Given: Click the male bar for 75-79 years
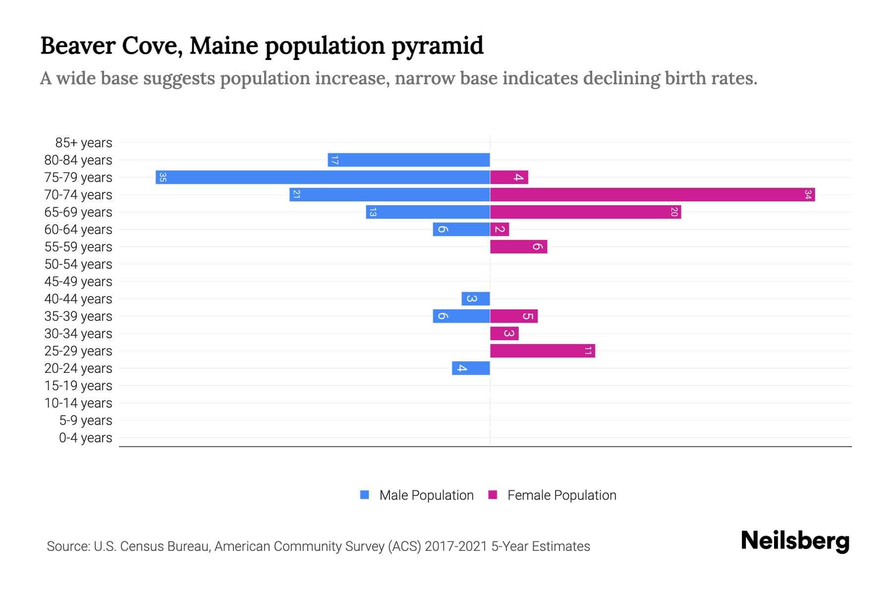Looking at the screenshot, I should (323, 178).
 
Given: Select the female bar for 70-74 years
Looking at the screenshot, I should (652, 195).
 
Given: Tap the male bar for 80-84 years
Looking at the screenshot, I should (409, 160).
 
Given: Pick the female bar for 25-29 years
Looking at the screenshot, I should (542, 351).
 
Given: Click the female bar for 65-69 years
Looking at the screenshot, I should (585, 212).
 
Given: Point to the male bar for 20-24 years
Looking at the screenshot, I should (471, 368).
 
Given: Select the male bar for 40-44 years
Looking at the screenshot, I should (476, 299).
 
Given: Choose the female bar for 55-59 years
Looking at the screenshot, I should (518, 247).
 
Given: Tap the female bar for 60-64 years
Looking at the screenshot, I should (500, 230).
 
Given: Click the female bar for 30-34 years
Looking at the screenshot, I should (504, 334).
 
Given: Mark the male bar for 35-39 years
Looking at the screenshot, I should (461, 316).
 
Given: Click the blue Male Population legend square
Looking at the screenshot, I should (365, 495).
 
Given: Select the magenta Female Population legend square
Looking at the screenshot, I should (493, 495).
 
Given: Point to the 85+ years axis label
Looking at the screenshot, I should (84, 143).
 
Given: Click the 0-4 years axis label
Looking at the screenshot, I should (86, 438).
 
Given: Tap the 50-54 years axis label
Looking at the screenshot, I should (78, 264).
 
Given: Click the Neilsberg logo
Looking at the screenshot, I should (795, 541).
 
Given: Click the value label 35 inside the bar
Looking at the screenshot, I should (163, 178).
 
